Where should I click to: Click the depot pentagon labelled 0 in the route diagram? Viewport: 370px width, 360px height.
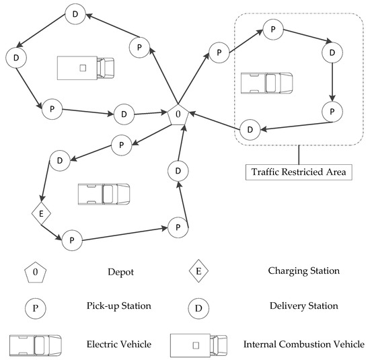178,115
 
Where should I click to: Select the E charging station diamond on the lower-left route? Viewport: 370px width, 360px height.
41,215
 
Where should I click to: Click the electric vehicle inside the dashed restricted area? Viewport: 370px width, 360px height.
266,83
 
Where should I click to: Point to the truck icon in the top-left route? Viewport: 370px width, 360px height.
85,68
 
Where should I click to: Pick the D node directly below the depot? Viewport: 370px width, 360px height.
178,171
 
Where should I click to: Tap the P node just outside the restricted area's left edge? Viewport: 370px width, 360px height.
217,52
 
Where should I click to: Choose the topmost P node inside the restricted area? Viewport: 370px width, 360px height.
272,30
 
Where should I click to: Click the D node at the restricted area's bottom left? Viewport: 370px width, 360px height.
250,129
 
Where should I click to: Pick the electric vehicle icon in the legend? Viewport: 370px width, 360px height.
36,344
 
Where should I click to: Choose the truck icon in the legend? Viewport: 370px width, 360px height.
200,344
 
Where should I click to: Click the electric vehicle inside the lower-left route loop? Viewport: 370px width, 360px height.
103,194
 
